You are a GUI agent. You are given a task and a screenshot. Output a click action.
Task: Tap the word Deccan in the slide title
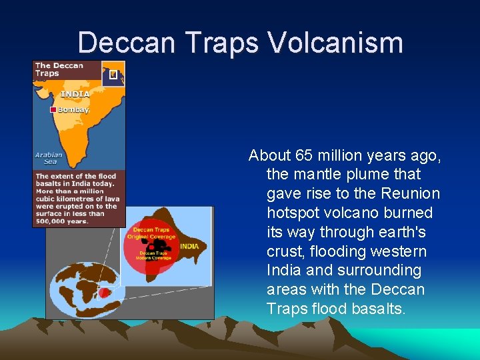click(126, 43)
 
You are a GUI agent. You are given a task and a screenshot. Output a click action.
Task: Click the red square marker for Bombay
click(53, 109)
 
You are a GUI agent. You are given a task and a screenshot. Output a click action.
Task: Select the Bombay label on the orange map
click(73, 109)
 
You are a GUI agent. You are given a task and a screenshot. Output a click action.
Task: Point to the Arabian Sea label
click(49, 158)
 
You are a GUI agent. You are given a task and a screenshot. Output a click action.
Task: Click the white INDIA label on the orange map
click(75, 94)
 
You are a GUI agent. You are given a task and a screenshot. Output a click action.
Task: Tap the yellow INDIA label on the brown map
click(189, 246)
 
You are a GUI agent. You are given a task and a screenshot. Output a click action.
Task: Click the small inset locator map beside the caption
click(113, 74)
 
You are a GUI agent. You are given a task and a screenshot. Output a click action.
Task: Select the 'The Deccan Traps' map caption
click(59, 69)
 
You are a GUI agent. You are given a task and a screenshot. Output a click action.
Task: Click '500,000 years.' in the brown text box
click(62, 221)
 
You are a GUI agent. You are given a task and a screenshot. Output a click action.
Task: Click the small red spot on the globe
click(104, 292)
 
